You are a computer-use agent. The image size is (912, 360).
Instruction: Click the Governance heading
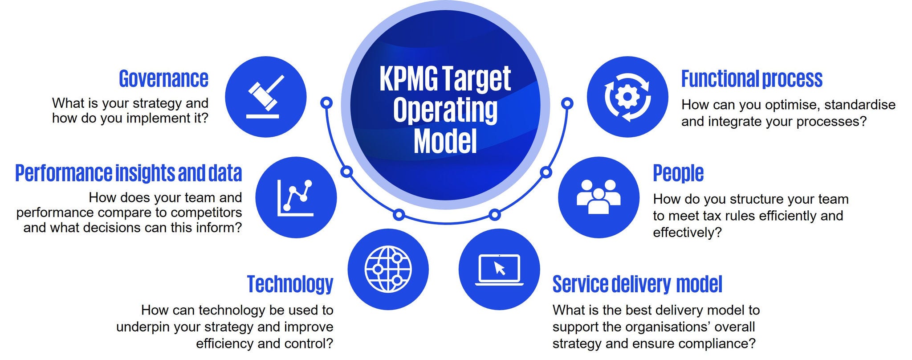[x=163, y=79]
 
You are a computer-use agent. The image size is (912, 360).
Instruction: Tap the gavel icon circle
[x=266, y=97]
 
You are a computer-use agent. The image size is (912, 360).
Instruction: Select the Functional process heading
[x=752, y=79]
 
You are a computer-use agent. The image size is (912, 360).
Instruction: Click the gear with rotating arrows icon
[x=627, y=97]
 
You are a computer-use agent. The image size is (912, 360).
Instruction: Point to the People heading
[x=678, y=173]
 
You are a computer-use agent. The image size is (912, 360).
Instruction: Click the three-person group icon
[x=598, y=197]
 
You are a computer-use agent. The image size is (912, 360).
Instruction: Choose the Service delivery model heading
[x=637, y=284]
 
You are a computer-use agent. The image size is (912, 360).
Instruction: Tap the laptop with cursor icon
[x=499, y=269]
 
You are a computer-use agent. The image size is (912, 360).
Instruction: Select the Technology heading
[x=290, y=284]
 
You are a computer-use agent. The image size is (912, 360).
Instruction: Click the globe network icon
[x=388, y=269]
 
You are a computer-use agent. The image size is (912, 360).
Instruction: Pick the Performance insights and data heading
[x=129, y=173]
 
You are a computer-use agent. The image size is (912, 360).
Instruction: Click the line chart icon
[x=296, y=197]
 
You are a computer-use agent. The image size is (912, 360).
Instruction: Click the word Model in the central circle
[x=445, y=142]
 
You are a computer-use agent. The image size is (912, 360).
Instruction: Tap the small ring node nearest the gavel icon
[x=326, y=103]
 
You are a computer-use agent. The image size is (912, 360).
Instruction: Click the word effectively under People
[x=687, y=233]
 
